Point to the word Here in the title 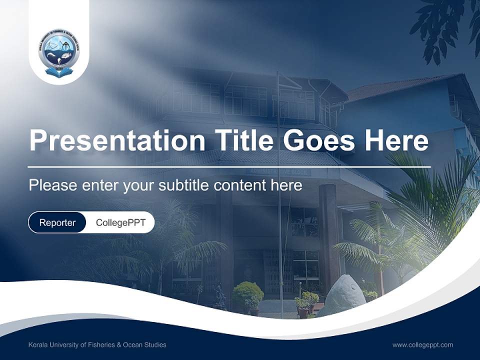(x=397, y=140)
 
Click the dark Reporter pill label (x=57, y=222)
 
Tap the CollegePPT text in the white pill (x=120, y=222)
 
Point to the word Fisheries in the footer (x=102, y=345)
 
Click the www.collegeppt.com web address (x=422, y=345)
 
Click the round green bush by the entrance (x=247, y=292)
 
